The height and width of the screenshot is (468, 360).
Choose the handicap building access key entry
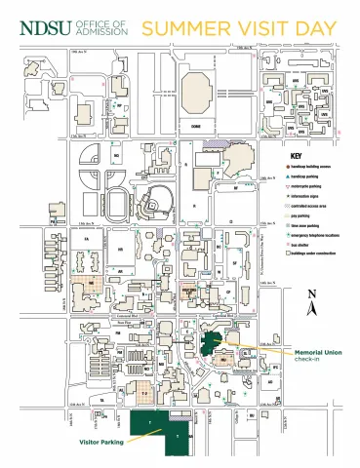(312, 167)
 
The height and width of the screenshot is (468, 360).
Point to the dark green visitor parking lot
(161, 429)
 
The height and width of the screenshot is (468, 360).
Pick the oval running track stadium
(119, 203)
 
